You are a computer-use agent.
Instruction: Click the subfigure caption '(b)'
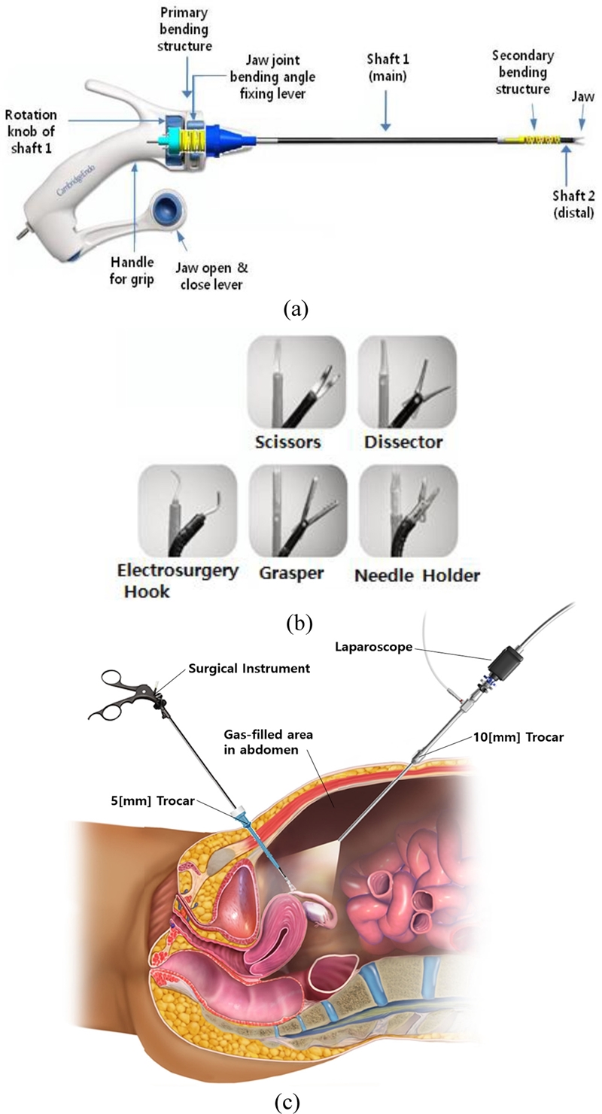point(300,622)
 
